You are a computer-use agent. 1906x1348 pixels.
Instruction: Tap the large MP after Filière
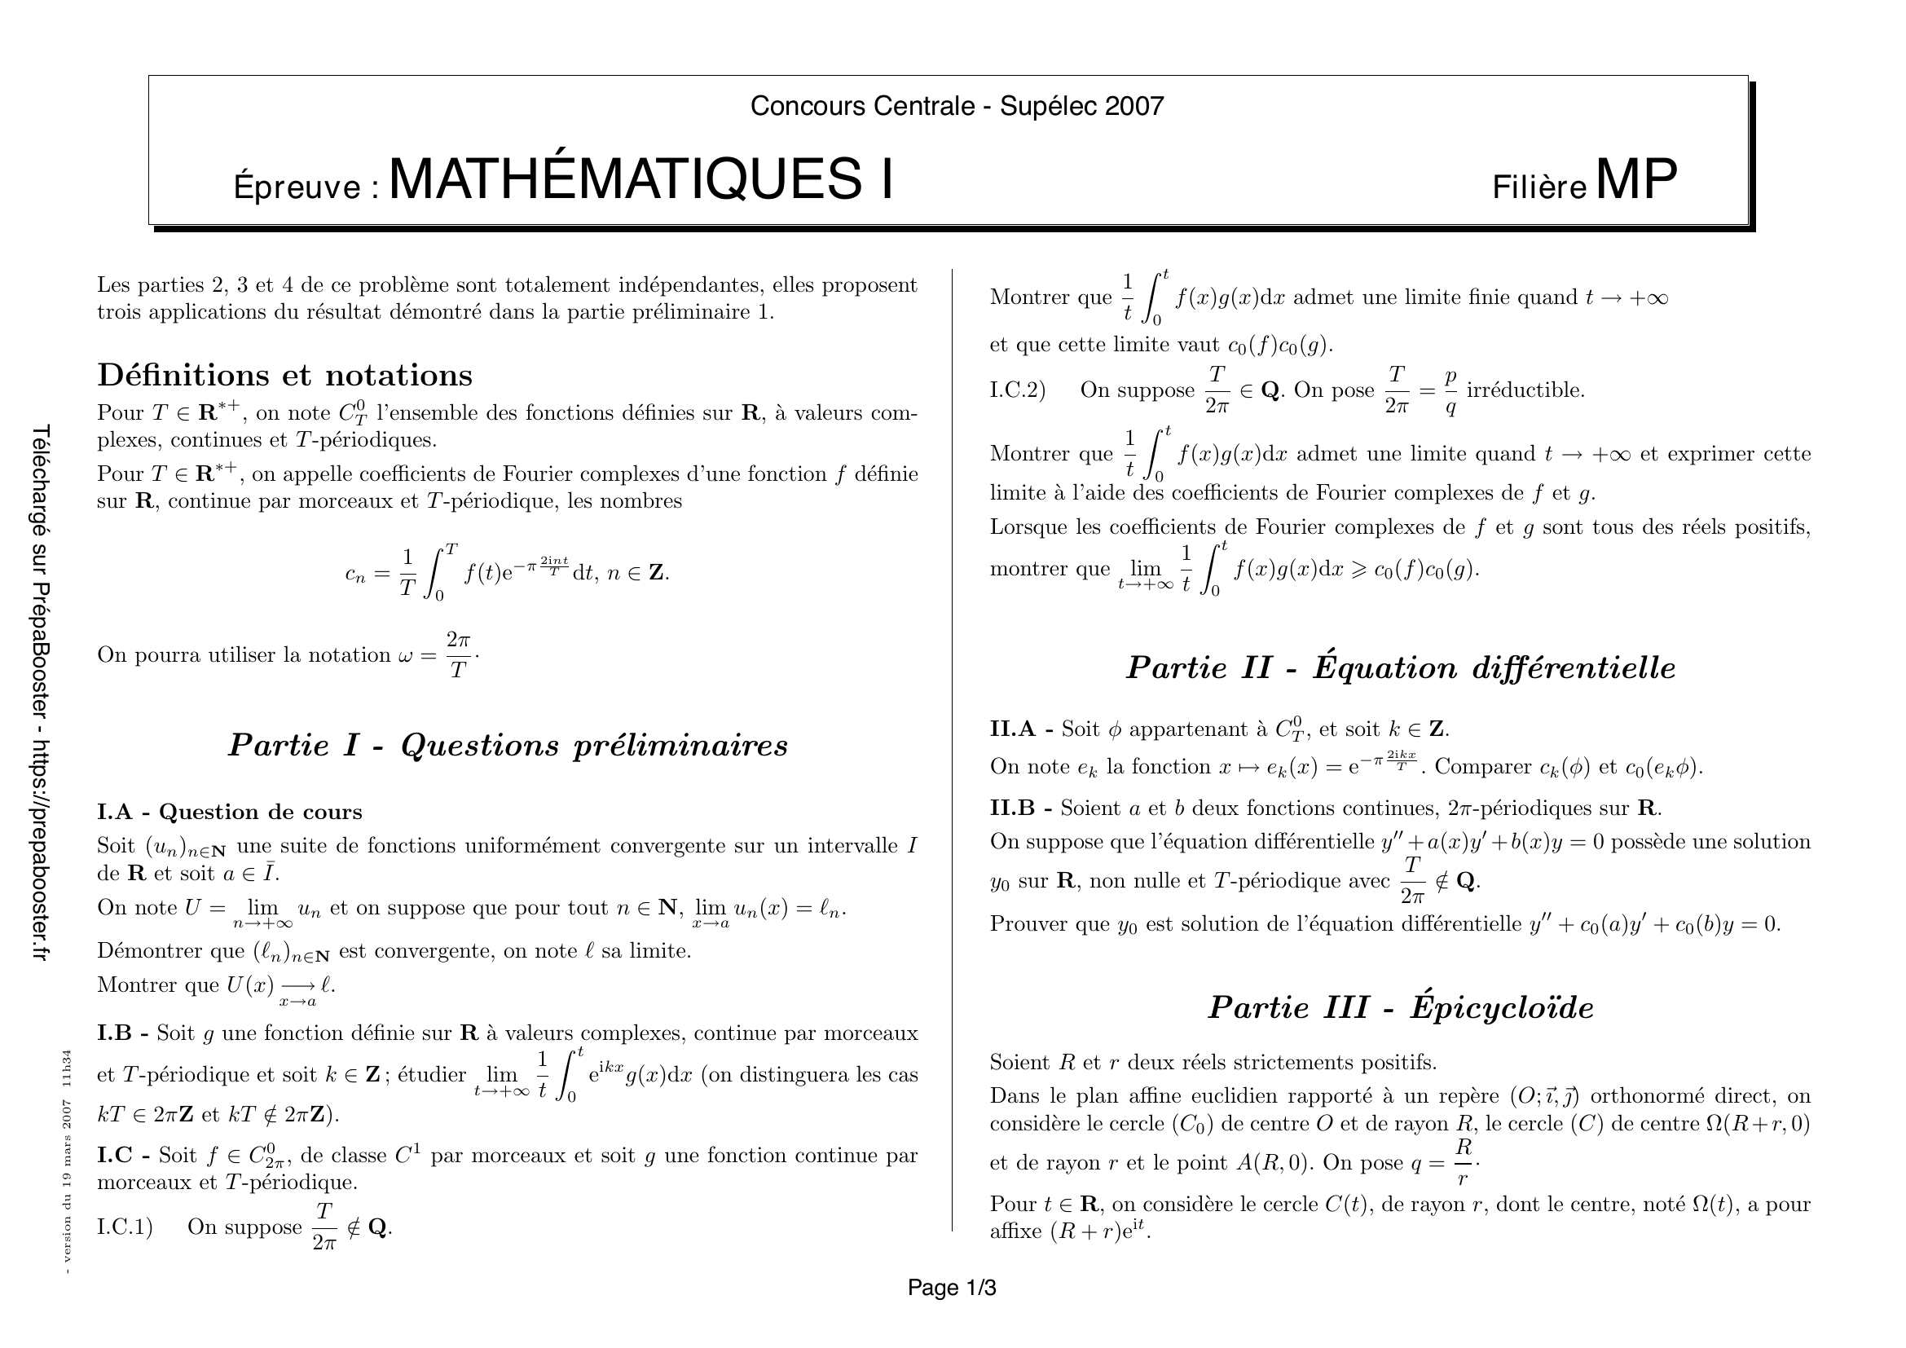(x=1635, y=180)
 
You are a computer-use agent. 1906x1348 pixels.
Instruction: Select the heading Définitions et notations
(x=284, y=375)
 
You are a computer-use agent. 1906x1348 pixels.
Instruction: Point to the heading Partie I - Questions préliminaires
(x=507, y=746)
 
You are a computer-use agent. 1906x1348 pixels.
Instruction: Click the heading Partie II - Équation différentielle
(x=1401, y=667)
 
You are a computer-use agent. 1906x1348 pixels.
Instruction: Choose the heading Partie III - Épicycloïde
(x=1401, y=1007)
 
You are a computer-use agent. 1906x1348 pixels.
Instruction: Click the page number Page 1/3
(x=951, y=1288)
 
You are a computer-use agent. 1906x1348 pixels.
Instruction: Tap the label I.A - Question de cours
(x=229, y=812)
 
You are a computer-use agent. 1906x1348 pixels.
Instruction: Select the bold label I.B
(x=114, y=1033)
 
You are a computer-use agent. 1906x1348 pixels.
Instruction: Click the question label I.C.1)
(x=125, y=1227)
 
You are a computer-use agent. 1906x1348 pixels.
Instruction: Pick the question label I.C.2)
(x=1018, y=390)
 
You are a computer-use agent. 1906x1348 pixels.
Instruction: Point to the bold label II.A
(x=1012, y=729)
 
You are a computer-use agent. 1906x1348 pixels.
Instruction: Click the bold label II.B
(x=1012, y=808)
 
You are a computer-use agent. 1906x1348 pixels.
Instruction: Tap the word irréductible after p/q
(x=1525, y=390)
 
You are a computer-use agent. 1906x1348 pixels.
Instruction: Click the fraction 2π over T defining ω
(x=458, y=655)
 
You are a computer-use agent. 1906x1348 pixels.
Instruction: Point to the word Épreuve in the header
(x=300, y=187)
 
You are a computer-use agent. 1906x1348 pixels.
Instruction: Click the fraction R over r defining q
(x=1464, y=1162)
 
